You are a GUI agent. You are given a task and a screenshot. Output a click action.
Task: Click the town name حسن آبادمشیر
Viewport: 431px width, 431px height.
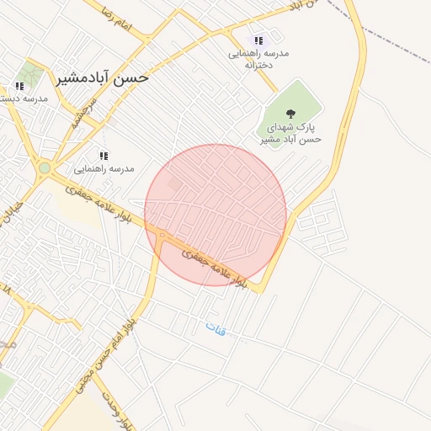click(103, 77)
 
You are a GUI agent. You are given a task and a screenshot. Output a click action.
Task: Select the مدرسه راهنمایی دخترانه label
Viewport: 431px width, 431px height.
click(260, 58)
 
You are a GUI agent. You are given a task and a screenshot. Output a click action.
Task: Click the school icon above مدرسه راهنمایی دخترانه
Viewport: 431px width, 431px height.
click(258, 40)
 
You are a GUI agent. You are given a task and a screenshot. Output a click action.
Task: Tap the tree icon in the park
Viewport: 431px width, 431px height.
click(291, 113)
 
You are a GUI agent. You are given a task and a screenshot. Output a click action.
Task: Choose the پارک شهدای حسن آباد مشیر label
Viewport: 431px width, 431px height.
click(289, 134)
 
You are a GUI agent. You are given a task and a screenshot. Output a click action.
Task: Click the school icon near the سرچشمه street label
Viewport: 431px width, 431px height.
click(104, 156)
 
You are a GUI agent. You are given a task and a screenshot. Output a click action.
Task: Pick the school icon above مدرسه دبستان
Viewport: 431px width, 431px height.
click(19, 86)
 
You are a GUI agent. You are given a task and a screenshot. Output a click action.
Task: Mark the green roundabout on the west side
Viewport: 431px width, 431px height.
click(44, 168)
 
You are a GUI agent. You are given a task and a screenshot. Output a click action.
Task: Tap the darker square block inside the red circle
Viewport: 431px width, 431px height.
click(174, 183)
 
